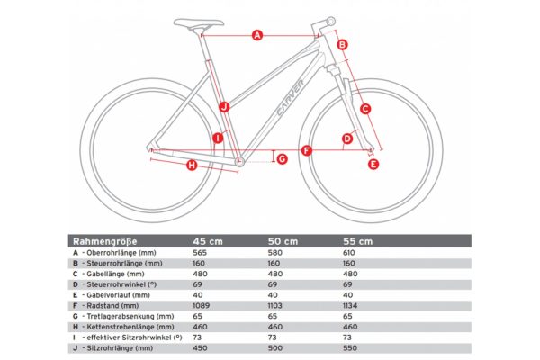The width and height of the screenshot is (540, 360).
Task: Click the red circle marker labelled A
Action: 256,36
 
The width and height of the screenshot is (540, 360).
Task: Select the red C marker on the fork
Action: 364,109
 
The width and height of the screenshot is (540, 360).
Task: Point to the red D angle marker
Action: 347,139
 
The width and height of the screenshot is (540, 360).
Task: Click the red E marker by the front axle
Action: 374,164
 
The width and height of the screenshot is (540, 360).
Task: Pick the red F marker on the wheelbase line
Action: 307,150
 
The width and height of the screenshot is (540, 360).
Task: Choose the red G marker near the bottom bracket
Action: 282,159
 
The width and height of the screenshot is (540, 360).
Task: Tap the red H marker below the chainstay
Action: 192,166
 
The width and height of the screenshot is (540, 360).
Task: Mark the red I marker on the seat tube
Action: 217,138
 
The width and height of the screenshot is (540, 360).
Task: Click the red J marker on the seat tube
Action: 224,107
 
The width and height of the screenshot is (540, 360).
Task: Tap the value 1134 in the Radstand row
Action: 355,305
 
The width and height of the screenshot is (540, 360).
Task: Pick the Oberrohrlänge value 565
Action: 201,253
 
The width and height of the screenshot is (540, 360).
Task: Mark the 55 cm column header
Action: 358,241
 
